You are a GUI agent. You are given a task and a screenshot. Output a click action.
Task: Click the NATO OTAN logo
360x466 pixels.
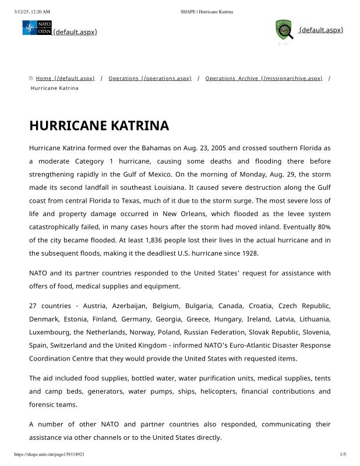pos(37,27)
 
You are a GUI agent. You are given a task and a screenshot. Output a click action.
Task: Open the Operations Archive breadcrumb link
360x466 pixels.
pos(263,78)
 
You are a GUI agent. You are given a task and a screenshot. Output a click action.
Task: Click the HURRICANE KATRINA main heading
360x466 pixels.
pos(99,126)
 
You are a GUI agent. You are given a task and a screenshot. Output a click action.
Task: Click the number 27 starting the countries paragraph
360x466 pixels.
pos(33,306)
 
